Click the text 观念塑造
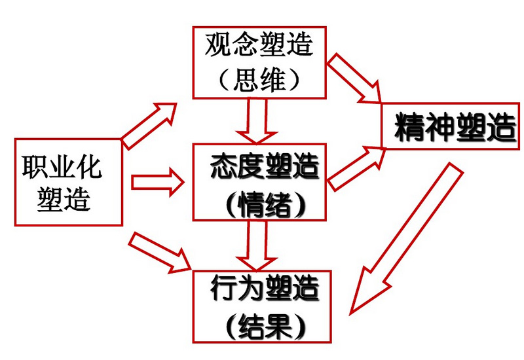coord(259,46)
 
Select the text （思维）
coord(259,79)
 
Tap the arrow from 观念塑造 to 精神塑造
coord(354,78)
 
